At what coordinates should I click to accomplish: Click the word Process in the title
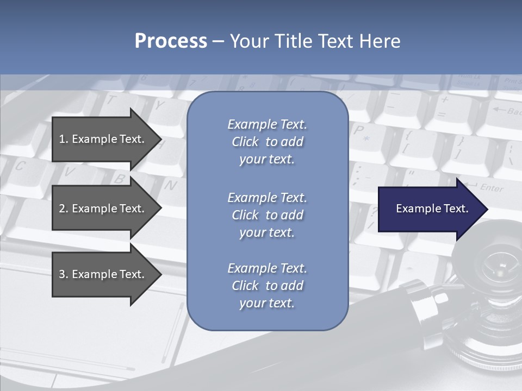[171, 41]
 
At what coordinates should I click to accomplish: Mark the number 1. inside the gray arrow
[64, 139]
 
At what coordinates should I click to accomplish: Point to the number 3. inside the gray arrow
[64, 274]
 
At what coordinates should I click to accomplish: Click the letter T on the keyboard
[111, 99]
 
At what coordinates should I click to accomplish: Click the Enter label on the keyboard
[492, 188]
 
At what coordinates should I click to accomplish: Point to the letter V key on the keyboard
[69, 172]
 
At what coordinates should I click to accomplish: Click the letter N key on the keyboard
[170, 185]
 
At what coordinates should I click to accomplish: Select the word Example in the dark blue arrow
[415, 209]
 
